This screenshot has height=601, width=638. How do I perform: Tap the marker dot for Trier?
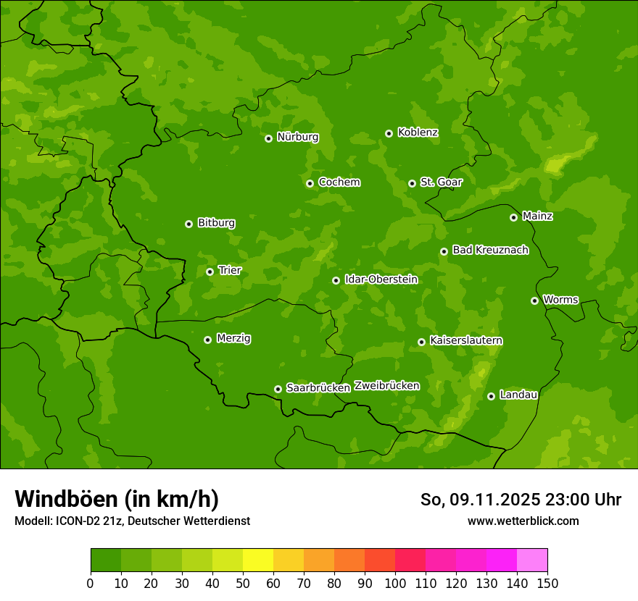(x=210, y=272)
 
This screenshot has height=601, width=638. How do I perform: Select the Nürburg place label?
(x=297, y=137)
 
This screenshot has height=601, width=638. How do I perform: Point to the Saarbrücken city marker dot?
(x=278, y=389)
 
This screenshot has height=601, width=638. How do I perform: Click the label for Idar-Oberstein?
(x=381, y=280)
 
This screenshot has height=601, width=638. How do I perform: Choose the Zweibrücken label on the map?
(x=386, y=386)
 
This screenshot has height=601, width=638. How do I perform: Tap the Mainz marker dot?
(x=513, y=217)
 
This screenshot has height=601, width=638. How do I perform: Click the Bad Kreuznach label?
(x=490, y=250)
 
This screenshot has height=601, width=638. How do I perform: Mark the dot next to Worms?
(x=534, y=300)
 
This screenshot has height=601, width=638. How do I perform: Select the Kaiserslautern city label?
(x=466, y=340)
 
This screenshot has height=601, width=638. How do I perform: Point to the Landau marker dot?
(x=491, y=396)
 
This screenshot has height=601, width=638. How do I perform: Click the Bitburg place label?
(x=216, y=223)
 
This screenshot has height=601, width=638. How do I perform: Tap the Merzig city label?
(x=233, y=338)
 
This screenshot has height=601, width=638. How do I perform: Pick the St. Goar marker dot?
(x=412, y=183)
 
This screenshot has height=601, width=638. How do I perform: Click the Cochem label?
(x=339, y=182)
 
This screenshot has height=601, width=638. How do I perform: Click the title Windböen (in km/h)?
(x=117, y=499)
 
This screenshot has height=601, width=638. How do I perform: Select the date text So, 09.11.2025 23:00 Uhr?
(x=521, y=500)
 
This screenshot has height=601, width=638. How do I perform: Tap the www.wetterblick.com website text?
(x=523, y=521)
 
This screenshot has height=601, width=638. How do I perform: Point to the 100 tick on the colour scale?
(x=395, y=583)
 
